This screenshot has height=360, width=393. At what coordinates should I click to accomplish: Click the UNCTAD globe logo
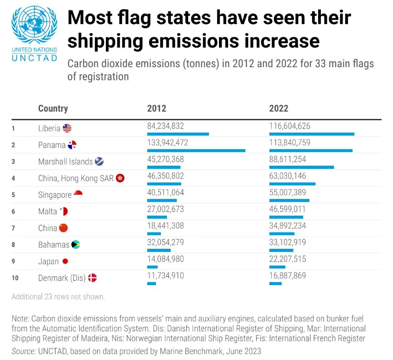point(35,25)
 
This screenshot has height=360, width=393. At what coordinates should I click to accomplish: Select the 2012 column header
point(157,108)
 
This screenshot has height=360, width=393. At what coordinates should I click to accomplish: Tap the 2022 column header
point(279,108)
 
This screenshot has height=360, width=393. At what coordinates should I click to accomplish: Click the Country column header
point(53,108)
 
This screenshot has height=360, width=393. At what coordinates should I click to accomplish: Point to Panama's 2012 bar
point(196,150)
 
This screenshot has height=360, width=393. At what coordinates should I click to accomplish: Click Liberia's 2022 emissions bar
point(312,134)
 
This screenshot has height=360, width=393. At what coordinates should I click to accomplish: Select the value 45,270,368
point(165,159)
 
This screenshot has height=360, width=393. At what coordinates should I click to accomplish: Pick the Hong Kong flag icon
point(120,178)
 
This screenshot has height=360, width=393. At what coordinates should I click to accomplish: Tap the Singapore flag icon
point(78,193)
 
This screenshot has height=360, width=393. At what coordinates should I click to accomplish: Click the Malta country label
point(48,212)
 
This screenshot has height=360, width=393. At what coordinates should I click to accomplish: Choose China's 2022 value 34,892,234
point(288,226)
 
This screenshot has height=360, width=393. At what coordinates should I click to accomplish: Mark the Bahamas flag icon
point(75,245)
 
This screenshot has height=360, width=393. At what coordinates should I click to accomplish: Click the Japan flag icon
point(65,261)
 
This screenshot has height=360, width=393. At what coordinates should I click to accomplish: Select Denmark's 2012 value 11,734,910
point(165,276)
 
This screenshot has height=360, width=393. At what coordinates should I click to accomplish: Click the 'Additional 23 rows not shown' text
point(58,297)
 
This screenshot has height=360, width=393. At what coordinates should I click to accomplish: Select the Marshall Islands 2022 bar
point(301,167)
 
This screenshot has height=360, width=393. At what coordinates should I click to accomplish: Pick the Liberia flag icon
point(67,128)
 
